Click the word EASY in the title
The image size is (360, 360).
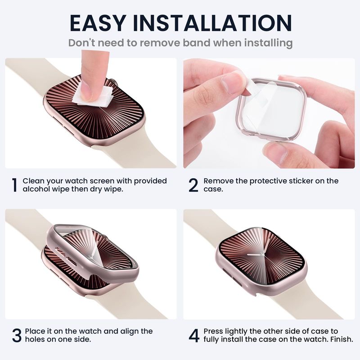[98, 23]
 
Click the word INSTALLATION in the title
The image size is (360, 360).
[212, 23]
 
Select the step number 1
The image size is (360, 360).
[14, 185]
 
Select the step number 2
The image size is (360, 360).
[193, 185]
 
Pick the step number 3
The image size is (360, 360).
[17, 335]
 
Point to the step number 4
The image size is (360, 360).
[194, 335]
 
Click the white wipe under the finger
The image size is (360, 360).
[93, 96]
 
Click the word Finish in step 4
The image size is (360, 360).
[342, 339]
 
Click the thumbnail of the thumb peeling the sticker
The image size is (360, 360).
[233, 82]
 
